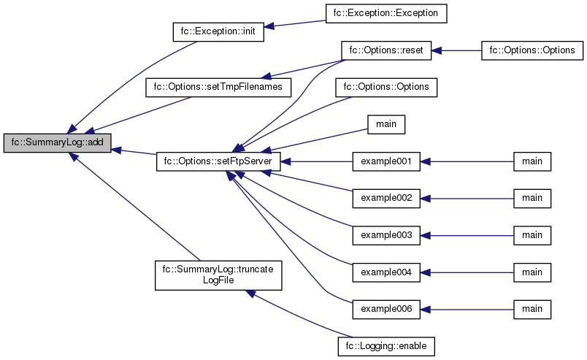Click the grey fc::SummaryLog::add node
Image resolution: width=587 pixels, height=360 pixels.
tap(57, 143)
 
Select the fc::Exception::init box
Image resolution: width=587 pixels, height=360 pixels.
tap(218, 33)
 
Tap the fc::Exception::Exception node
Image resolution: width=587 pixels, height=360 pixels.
tap(385, 13)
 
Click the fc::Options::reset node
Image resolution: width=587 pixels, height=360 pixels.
tap(386, 51)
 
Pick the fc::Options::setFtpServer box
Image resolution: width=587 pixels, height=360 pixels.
tap(218, 161)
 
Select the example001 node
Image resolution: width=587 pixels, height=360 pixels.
tap(386, 161)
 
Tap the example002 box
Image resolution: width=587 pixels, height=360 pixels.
tap(386, 198)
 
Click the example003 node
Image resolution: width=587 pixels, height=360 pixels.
tap(386, 235)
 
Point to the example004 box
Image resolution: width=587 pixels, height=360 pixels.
tap(386, 272)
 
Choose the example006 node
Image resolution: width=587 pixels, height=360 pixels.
tap(386, 309)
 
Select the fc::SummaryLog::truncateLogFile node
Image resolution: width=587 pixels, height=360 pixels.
tap(218, 275)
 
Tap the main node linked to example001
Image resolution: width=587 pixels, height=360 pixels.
tap(532, 161)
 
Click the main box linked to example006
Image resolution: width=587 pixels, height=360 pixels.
tap(532, 309)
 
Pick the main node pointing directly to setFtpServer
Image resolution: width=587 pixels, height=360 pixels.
tap(386, 124)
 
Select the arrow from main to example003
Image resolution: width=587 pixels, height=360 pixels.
tap(467, 235)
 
